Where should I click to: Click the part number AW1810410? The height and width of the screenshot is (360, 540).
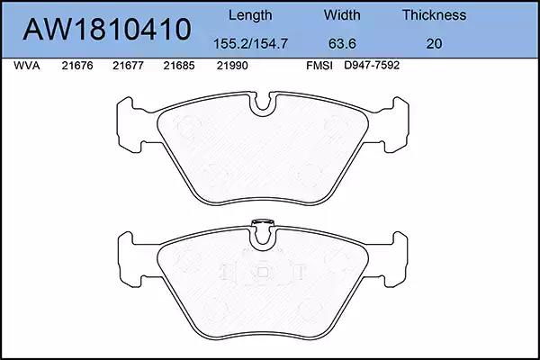pyautogui.click(x=107, y=30)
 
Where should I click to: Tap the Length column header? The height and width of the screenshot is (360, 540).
pyautogui.click(x=250, y=15)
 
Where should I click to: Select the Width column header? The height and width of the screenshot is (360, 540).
pyautogui.click(x=342, y=15)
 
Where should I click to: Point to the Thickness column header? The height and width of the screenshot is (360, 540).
pyautogui.click(x=435, y=15)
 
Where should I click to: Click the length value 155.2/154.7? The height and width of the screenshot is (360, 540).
pyautogui.click(x=250, y=44)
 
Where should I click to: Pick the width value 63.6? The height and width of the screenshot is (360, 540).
pyautogui.click(x=342, y=44)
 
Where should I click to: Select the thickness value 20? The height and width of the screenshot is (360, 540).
pyautogui.click(x=434, y=44)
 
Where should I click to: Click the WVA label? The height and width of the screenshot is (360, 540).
pyautogui.click(x=27, y=66)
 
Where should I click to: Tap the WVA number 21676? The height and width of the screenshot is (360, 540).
pyautogui.click(x=77, y=66)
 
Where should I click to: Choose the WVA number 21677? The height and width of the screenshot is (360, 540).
pyautogui.click(x=128, y=66)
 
